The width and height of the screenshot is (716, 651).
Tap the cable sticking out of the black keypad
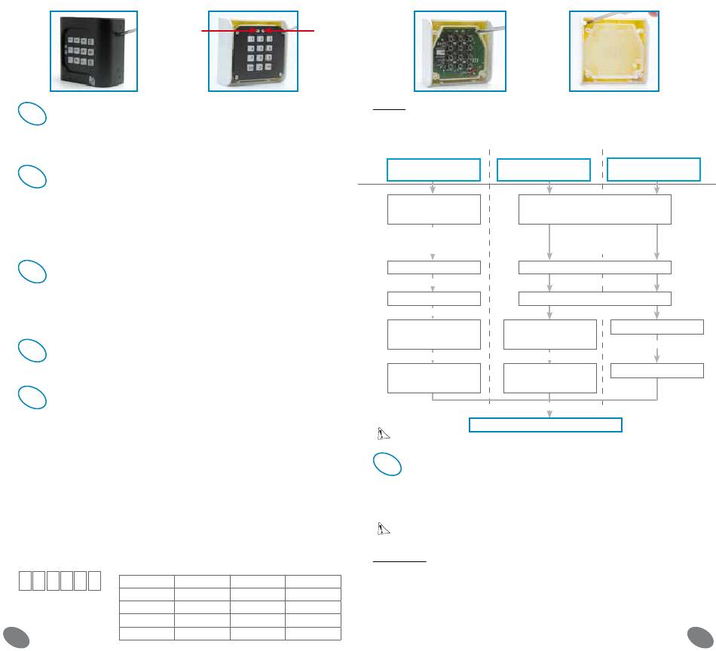click(128, 31)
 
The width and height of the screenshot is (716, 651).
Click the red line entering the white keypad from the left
click(226, 32)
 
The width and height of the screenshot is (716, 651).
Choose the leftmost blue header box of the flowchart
click(433, 170)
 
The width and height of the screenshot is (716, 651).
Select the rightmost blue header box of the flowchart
click(654, 169)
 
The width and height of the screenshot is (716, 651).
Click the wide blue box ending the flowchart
click(545, 424)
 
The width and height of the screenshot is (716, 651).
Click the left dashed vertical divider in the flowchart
click(490, 271)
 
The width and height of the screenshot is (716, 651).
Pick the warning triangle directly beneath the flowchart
click(383, 434)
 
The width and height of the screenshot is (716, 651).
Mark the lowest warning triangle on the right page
click(383, 529)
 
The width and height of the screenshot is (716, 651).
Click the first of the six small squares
click(26, 581)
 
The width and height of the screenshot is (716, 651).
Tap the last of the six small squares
click(94, 581)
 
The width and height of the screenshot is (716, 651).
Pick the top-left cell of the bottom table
click(147, 582)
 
